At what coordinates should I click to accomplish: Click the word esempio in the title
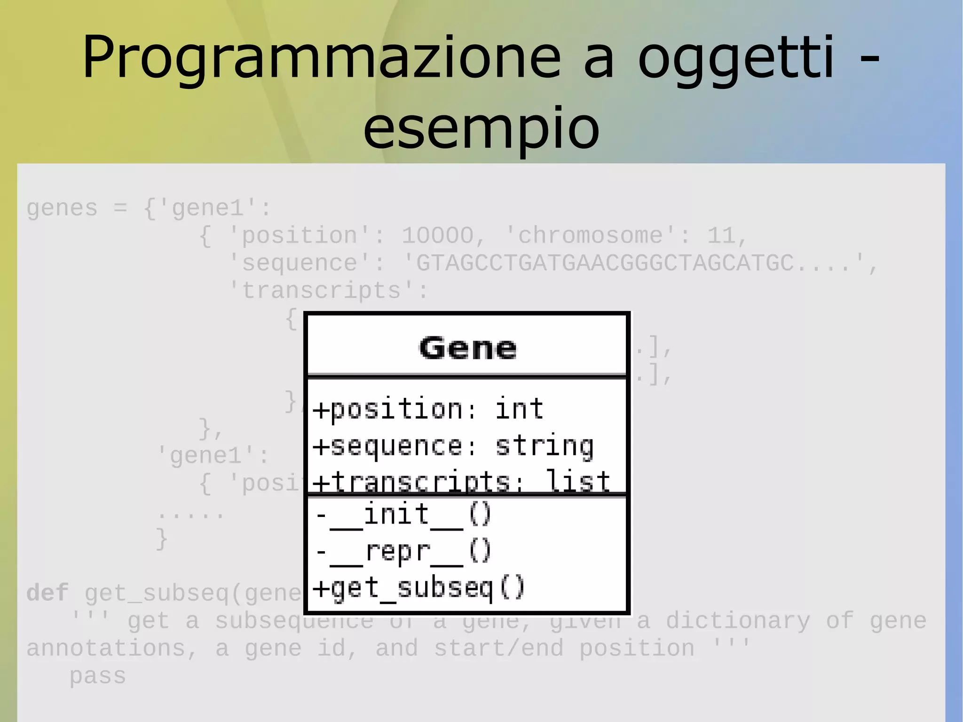481,127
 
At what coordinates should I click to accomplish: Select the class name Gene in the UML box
467,348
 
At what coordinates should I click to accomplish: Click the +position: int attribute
428,409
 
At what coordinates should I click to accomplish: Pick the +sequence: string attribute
453,446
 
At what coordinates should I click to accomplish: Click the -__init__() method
403,515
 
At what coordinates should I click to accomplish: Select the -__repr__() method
403,551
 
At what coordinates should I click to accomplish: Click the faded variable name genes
62,208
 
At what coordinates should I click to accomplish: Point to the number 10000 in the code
437,235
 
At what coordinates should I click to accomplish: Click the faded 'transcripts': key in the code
328,290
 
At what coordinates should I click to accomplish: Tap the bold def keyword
47,593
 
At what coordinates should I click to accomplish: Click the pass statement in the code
97,676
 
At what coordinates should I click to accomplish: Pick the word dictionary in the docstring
738,621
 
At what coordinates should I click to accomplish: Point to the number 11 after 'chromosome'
722,235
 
